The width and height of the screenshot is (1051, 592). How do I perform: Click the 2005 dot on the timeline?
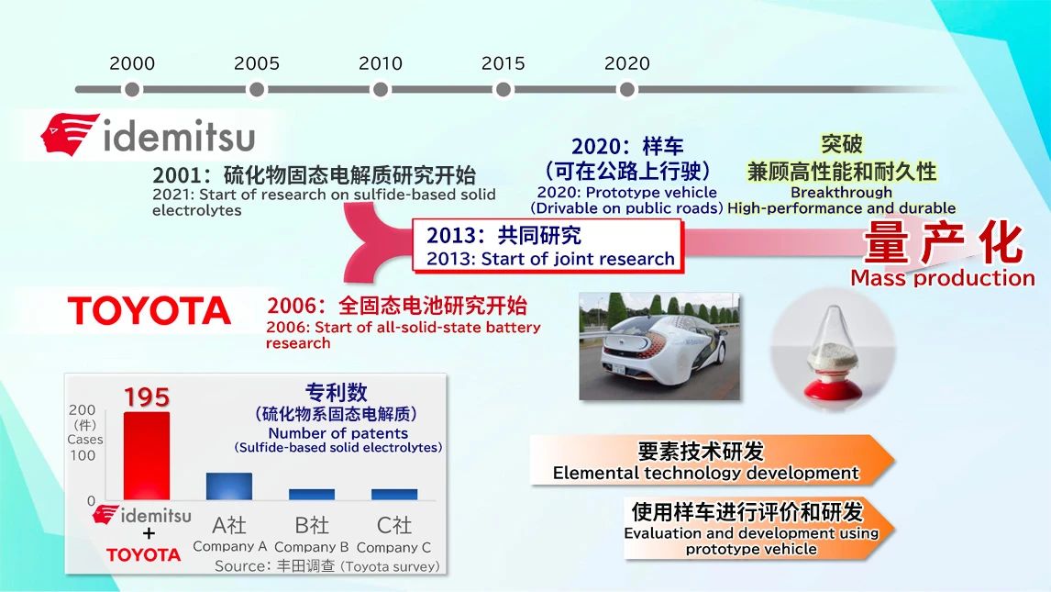coord(256,89)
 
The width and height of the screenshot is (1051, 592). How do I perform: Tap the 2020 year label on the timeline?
coord(626,63)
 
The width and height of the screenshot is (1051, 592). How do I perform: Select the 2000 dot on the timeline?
coord(132,89)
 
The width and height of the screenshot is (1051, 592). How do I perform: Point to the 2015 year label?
coord(503,63)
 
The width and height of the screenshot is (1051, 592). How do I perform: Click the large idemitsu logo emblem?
coord(69,134)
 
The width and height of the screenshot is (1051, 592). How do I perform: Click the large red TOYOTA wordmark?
coord(149,311)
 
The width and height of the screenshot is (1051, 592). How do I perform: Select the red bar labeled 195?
coord(147,456)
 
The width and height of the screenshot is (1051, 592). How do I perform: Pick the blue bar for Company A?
coord(229,486)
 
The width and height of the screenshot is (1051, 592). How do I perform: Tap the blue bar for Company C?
coord(394,494)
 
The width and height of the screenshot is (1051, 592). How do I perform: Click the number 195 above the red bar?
coord(147,397)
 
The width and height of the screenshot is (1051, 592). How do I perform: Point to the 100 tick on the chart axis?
coord(83,455)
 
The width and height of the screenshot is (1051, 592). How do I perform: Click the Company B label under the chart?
coord(312,547)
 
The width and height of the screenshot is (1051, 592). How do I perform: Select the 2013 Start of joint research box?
coord(548,246)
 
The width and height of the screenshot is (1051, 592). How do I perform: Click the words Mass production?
coord(943,277)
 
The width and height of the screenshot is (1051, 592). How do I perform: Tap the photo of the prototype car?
coord(659,346)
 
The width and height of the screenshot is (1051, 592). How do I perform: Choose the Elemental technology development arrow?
coord(712,460)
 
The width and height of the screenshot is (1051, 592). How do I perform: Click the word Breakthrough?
coord(841,193)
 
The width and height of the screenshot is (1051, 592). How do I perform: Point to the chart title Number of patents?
coord(337,433)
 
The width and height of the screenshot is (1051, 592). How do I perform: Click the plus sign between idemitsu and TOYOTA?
coord(149,533)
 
